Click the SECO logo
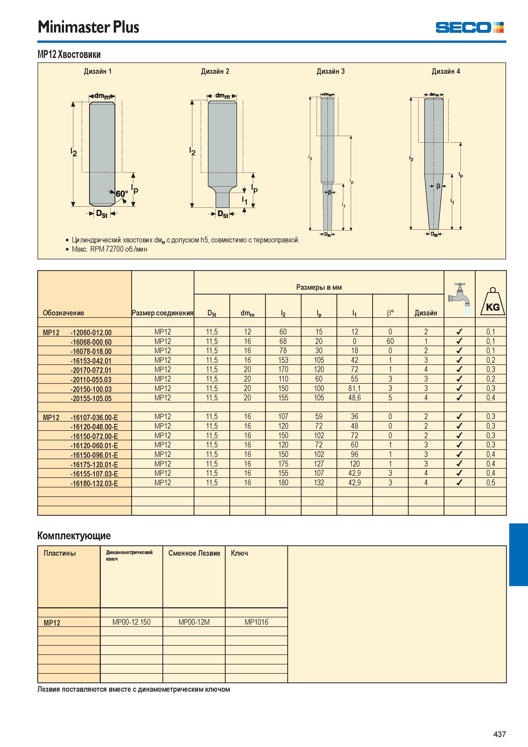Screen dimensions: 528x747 [470, 27]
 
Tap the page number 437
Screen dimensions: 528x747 [499, 734]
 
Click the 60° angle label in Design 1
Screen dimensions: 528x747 [122, 194]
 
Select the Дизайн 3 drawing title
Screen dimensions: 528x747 [330, 71]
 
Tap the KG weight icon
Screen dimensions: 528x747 [493, 302]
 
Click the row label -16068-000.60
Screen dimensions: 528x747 [91, 342]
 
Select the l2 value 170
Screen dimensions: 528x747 [283, 370]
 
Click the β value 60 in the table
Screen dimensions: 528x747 [390, 341]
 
